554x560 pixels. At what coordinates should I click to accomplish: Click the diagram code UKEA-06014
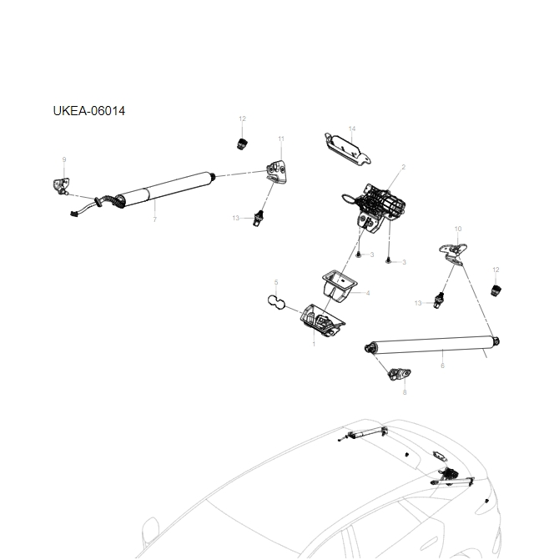[x=88, y=111]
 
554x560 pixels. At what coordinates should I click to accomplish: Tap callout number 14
[x=352, y=129]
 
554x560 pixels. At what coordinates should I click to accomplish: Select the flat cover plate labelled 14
[x=345, y=148]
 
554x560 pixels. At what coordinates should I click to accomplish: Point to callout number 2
[x=403, y=167]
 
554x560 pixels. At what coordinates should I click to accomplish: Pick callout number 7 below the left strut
[x=154, y=219]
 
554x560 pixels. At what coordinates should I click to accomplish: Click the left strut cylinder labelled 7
[x=167, y=189]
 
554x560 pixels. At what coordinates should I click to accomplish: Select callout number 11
[x=281, y=139]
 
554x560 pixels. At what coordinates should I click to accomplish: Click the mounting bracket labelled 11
[x=277, y=172]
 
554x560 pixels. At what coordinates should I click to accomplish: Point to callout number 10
[x=457, y=229]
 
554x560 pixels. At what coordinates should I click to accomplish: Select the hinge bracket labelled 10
[x=454, y=251]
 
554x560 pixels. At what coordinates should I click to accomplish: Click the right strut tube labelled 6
[x=434, y=342]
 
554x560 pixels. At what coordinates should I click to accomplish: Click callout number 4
[x=368, y=293]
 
